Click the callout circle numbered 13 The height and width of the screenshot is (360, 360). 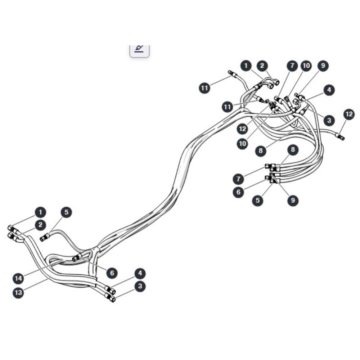(18, 293)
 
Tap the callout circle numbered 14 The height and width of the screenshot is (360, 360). (18, 279)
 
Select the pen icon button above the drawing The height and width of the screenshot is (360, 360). (139, 50)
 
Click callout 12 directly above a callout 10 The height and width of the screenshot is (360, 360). (242, 129)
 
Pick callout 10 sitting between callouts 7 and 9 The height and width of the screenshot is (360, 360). (306, 66)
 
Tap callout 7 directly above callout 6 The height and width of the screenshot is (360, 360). (238, 179)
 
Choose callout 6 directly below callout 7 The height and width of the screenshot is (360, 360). (238, 192)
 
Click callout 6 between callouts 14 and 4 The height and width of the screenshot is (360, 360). (112, 273)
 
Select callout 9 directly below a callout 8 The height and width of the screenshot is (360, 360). (293, 200)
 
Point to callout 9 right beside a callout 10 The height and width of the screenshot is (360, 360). (323, 66)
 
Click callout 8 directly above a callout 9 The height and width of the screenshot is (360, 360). (293, 150)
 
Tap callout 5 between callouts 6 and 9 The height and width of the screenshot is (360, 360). (258, 200)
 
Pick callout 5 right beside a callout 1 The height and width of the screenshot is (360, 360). (66, 212)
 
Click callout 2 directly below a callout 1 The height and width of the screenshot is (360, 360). (40, 225)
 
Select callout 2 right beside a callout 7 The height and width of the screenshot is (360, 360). (262, 66)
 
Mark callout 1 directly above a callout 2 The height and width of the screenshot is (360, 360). (40, 212)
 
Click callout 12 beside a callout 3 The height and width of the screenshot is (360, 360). (349, 114)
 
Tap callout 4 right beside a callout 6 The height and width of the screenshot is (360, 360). (140, 274)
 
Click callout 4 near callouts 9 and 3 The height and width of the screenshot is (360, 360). (329, 90)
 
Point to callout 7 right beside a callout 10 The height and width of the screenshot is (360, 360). (292, 66)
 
